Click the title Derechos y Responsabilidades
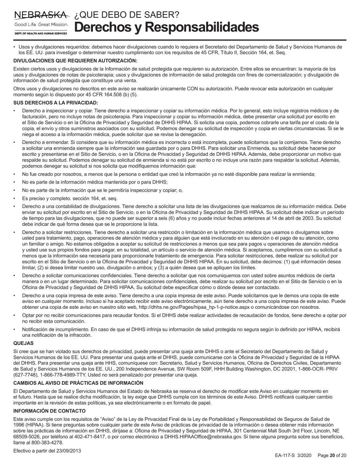coord(166,27)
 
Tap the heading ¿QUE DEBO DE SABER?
coord(127,15)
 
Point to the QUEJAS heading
coord(23,343)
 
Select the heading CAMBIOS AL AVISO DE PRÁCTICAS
coord(78,383)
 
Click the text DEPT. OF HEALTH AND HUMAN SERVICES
coord(40,34)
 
